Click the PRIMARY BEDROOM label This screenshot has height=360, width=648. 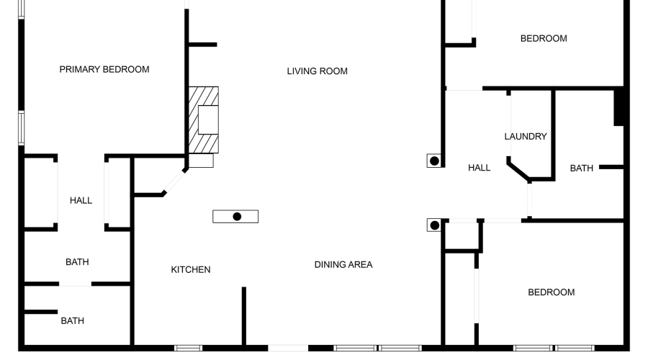click(x=104, y=69)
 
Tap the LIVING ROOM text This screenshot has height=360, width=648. click(x=317, y=71)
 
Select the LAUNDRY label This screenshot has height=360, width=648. click(x=526, y=136)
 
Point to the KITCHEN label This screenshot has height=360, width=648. click(x=191, y=269)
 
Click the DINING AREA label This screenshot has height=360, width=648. click(x=343, y=264)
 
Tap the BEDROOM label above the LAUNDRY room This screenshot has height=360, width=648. click(x=544, y=38)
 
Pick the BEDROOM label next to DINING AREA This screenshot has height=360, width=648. click(x=552, y=292)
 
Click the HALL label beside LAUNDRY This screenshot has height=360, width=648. click(x=479, y=168)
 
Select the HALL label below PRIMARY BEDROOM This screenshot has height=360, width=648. click(x=81, y=200)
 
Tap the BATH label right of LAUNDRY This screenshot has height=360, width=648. click(x=582, y=168)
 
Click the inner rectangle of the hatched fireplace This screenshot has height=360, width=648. click(x=208, y=120)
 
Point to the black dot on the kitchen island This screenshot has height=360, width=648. click(x=237, y=217)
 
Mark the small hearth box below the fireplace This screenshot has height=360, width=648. click(x=202, y=161)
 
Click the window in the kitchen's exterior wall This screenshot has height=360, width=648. click(x=188, y=348)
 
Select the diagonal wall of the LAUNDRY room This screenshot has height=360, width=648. click(x=518, y=171)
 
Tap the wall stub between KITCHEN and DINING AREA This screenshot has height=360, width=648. click(x=244, y=316)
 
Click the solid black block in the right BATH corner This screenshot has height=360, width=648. click(x=618, y=107)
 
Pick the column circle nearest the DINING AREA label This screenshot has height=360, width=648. click(x=434, y=225)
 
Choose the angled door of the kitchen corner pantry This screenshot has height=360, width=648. click(x=175, y=181)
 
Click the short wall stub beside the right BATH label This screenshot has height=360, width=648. click(x=611, y=167)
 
